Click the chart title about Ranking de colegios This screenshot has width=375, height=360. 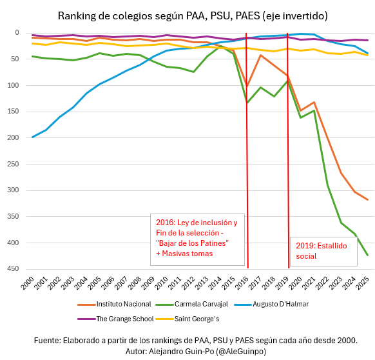(x=192, y=15)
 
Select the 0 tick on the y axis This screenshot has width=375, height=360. (x=17, y=32)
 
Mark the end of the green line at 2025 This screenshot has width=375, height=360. (x=367, y=255)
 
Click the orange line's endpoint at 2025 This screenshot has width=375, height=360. (x=367, y=199)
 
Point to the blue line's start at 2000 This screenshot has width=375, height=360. (x=32, y=137)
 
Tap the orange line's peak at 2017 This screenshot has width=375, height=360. (x=260, y=55)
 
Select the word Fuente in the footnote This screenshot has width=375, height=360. (x=47, y=340)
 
